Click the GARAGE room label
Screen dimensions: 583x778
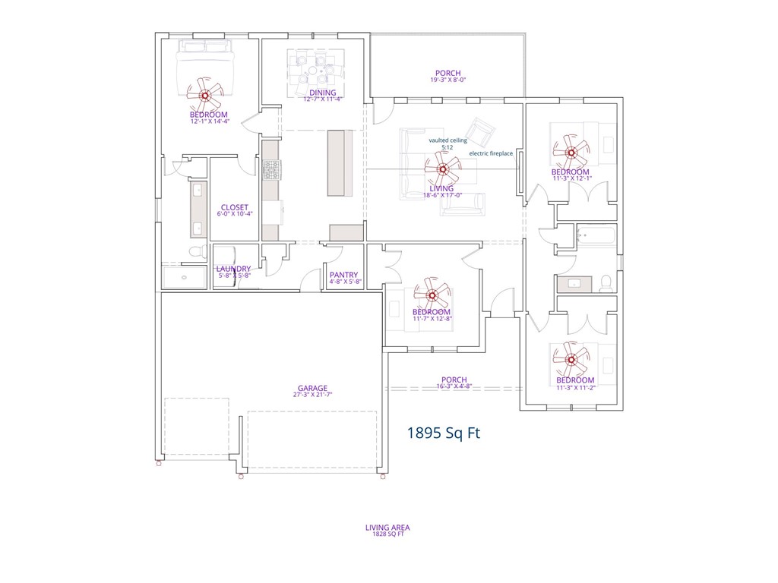[x=312, y=388]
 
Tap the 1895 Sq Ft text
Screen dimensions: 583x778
[x=444, y=433]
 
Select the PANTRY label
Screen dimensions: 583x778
[x=343, y=275]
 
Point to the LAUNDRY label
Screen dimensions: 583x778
[x=233, y=269]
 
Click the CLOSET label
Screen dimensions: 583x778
[x=234, y=207]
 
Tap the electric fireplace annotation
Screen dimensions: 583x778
[x=491, y=153]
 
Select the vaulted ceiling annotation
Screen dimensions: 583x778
[x=448, y=140]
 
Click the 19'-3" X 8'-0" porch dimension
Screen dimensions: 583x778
[x=448, y=80]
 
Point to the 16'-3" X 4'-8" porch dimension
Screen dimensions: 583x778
[x=454, y=386]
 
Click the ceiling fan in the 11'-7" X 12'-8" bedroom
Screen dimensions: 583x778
[x=432, y=294]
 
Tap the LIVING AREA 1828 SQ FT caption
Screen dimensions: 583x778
[x=388, y=530]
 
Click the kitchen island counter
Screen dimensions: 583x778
[x=340, y=163]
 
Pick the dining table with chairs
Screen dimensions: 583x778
[x=314, y=74]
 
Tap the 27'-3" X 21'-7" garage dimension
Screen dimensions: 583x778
[x=312, y=395]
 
